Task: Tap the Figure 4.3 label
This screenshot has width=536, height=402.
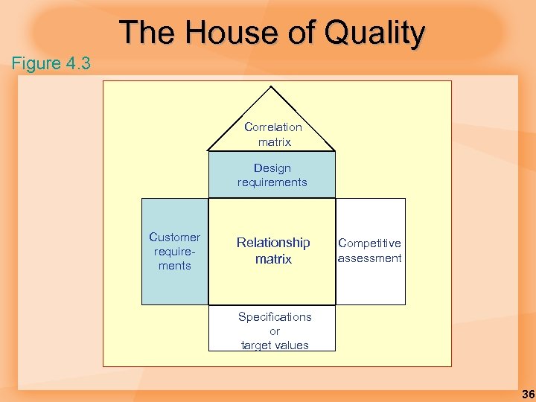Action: tap(51, 63)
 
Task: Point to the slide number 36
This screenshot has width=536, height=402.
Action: tap(528, 394)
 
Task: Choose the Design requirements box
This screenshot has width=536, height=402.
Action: tap(272, 175)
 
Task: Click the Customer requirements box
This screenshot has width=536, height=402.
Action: tap(175, 252)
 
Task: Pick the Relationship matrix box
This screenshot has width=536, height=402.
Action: tap(272, 251)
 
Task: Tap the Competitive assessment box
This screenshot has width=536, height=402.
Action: tap(370, 251)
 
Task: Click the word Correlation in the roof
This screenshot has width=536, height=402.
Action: tap(273, 127)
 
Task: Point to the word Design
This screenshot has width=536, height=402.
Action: tap(272, 168)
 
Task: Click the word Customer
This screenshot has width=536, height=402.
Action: tap(175, 237)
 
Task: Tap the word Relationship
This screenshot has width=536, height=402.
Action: tap(273, 243)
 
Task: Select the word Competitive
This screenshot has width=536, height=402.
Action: tap(370, 243)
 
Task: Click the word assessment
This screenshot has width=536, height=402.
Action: tap(370, 258)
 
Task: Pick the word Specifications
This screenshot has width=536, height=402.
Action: tap(275, 316)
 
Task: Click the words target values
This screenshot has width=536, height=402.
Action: tap(275, 345)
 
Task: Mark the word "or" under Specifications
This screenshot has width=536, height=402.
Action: tap(275, 331)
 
